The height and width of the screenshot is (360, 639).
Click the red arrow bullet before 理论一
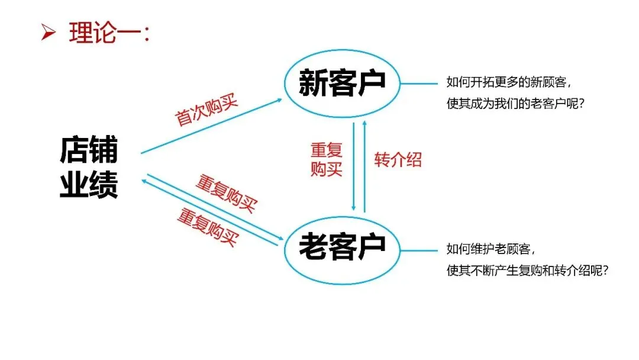pos(48,34)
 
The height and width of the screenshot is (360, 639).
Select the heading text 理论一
pos(109,33)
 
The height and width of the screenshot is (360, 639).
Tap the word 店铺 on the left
pos(89,151)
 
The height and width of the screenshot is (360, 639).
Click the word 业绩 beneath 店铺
pos(89,184)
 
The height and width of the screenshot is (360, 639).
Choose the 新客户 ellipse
pos(342,83)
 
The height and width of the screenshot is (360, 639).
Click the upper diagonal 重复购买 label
pos(227,194)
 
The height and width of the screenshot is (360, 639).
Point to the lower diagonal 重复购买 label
pos(208,227)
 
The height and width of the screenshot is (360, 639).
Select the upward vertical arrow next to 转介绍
pos(364,166)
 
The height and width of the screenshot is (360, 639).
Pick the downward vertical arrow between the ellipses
pos(354,166)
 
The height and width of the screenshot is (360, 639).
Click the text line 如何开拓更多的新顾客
pos(508,82)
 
